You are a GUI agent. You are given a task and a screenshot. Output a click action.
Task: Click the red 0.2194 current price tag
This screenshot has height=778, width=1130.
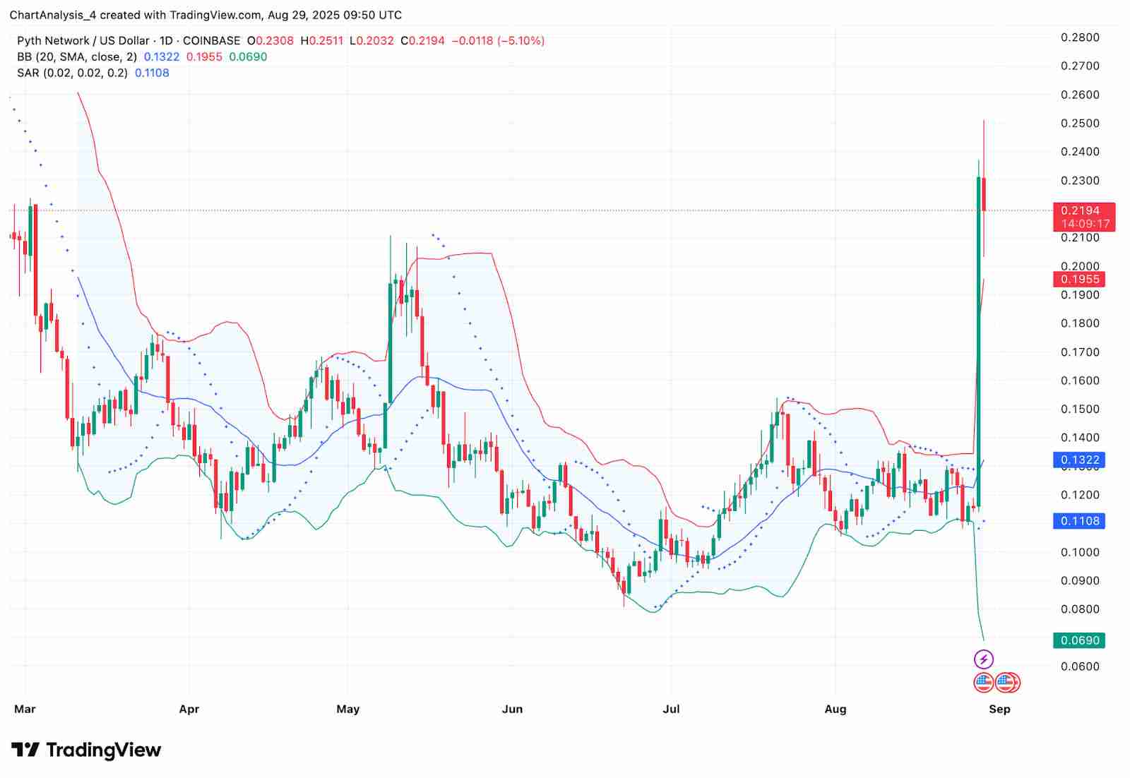[x=1080, y=210]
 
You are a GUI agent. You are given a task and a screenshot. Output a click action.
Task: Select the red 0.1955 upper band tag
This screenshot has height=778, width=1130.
[x=1080, y=279]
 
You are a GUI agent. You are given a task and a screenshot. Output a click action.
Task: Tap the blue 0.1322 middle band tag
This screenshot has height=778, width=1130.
[x=1080, y=460]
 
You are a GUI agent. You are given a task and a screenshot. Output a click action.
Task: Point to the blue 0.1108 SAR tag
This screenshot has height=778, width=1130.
[x=1080, y=521]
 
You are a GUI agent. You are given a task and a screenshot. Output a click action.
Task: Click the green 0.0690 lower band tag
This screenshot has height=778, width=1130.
[x=1080, y=640]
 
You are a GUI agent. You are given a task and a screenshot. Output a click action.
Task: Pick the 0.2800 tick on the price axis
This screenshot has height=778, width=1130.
[x=1080, y=37]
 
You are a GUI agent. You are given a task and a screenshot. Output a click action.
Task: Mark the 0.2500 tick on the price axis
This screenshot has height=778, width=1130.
[x=1080, y=123]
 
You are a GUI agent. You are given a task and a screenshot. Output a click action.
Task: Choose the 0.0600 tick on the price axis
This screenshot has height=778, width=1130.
[x=1080, y=666]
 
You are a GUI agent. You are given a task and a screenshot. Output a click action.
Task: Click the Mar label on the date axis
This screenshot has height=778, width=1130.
[x=25, y=709]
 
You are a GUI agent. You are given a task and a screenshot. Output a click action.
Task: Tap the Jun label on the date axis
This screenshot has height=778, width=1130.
[x=512, y=709]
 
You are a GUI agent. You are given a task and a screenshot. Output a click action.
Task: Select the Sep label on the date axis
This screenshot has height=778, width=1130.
[x=999, y=709]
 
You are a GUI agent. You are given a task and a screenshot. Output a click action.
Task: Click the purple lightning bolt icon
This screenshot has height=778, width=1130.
[x=984, y=659]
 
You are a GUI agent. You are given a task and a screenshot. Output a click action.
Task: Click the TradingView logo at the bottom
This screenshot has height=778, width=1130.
[x=86, y=750]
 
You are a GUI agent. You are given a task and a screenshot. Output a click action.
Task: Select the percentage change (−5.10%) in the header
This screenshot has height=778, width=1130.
[x=521, y=41]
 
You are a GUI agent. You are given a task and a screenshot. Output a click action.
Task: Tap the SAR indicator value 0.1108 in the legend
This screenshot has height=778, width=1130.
[x=152, y=73]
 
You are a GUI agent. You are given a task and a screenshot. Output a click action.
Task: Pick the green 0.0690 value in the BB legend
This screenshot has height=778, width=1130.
[x=249, y=56]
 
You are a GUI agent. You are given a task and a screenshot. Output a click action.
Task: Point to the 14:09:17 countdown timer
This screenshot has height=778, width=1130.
[x=1086, y=224]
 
